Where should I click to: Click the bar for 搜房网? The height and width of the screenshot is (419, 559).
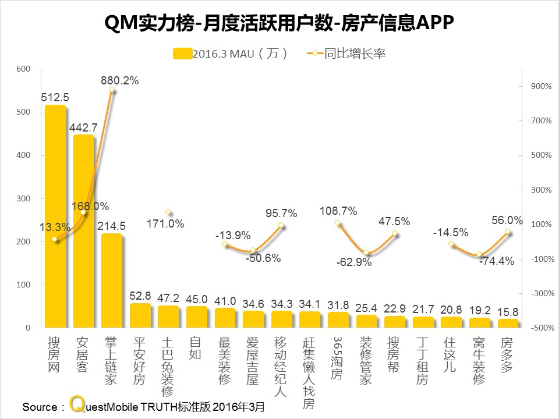tap(55, 216)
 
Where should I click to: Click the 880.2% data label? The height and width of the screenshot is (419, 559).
tap(119, 81)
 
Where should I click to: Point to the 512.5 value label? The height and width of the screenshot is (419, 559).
tap(55, 98)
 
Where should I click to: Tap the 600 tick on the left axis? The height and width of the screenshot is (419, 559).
tap(23, 69)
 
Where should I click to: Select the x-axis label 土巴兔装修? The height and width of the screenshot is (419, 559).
tap(168, 365)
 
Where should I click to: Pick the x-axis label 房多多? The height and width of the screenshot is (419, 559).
tap(507, 357)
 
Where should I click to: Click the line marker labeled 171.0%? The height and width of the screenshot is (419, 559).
tap(168, 212)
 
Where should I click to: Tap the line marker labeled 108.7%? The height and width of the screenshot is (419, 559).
tap(338, 223)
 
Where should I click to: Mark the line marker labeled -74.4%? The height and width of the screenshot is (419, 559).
tap(479, 254)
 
